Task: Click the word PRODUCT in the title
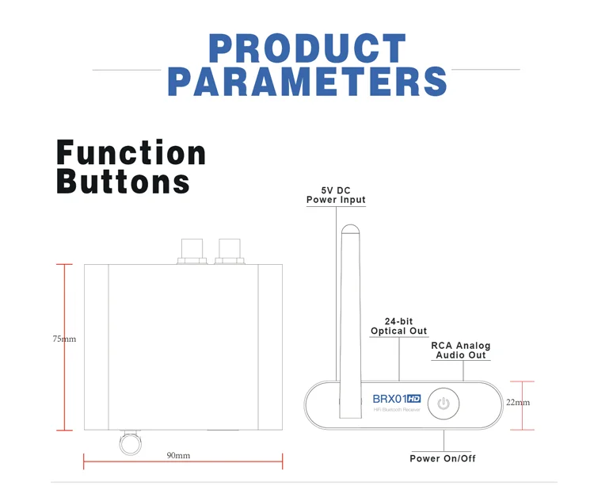pos(307,48)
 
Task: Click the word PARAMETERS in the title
pos(307,82)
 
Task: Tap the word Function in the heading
pos(131,152)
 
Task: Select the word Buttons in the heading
pos(124,182)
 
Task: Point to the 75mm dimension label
pos(64,339)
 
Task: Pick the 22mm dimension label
pos(518,402)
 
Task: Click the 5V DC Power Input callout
pos(336,195)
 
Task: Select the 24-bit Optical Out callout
pos(399,326)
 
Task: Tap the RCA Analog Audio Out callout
pos(460,351)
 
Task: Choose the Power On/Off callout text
pos(443,458)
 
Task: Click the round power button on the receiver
pos(444,404)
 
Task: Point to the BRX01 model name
pos(390,398)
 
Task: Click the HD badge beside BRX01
pos(413,398)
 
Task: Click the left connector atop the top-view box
pos(192,251)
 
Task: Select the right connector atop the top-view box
pos(231,251)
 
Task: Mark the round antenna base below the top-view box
pos(129,442)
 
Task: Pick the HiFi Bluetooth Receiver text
pos(396,410)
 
